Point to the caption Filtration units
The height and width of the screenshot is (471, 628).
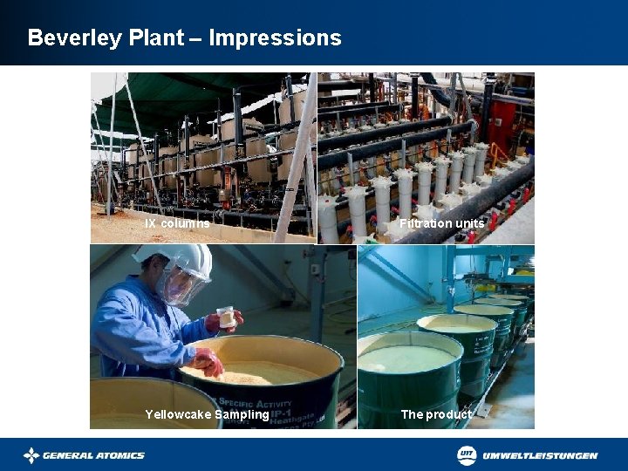441,223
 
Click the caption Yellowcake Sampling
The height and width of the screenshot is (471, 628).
207,414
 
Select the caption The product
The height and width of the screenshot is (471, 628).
435,414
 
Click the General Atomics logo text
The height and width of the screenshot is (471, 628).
93,455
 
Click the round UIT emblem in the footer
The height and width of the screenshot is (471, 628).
468,454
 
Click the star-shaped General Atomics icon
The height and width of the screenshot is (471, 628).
31,455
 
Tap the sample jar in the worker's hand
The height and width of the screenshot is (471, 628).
227,316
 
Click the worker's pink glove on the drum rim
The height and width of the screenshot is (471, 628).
208,359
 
